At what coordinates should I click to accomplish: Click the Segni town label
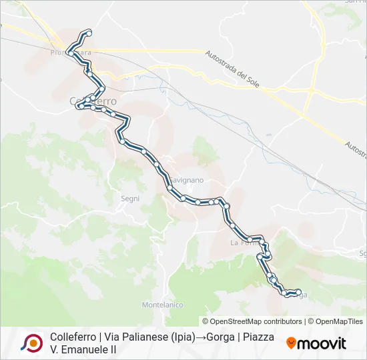point(130,198)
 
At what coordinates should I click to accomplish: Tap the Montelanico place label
point(162,305)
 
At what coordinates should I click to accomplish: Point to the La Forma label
point(244,243)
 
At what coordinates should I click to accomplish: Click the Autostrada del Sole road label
point(237,69)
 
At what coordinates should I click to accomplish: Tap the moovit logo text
point(322,343)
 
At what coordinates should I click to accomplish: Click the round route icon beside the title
point(31,343)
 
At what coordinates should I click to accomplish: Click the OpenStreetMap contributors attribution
point(256,321)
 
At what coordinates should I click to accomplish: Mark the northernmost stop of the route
point(89,33)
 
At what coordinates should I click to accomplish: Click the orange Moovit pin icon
point(291,343)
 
